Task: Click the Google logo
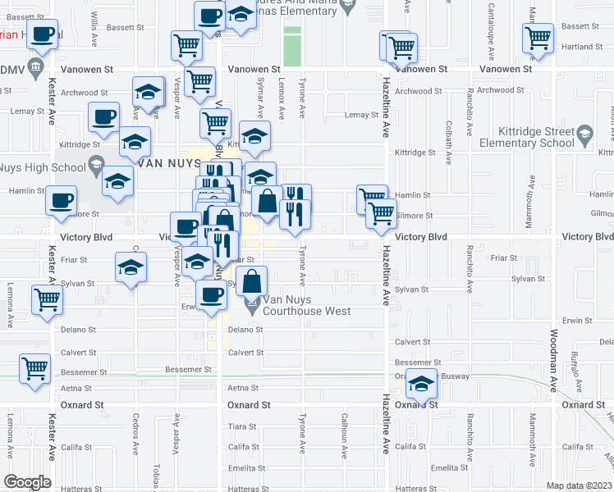coord(27,482)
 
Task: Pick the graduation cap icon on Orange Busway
coord(421,384)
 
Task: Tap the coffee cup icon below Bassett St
coord(41,35)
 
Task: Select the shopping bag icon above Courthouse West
coord(254,283)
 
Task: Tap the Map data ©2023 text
coord(580,485)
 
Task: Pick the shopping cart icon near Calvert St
coord(34,369)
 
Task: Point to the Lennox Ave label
coord(282,95)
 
